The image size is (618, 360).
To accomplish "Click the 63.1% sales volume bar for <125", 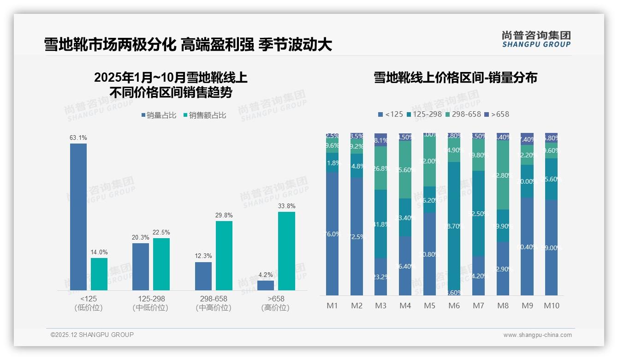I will (78, 216).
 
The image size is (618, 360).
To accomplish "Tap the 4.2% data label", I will (266, 275).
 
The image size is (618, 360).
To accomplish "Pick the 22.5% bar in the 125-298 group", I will (161, 264).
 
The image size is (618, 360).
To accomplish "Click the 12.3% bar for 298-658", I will (203, 276).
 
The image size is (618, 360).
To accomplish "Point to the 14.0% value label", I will (99, 252).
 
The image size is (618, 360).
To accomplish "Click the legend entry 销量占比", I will (159, 115).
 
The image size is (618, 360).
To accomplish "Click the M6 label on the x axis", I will (454, 306).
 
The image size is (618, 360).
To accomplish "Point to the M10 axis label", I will (551, 306).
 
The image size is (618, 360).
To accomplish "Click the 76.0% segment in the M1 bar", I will (332, 234).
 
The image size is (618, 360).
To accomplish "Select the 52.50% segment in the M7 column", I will (478, 213).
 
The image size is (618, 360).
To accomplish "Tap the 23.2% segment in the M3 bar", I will (380, 276).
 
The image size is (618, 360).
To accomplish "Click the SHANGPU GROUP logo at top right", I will (536, 39).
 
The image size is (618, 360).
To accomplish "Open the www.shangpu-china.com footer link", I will (537, 335).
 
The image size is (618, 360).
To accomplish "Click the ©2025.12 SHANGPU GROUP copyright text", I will (92, 335).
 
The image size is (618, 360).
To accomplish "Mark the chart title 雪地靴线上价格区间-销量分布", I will (455, 78).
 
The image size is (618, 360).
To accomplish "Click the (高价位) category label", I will (275, 308).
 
